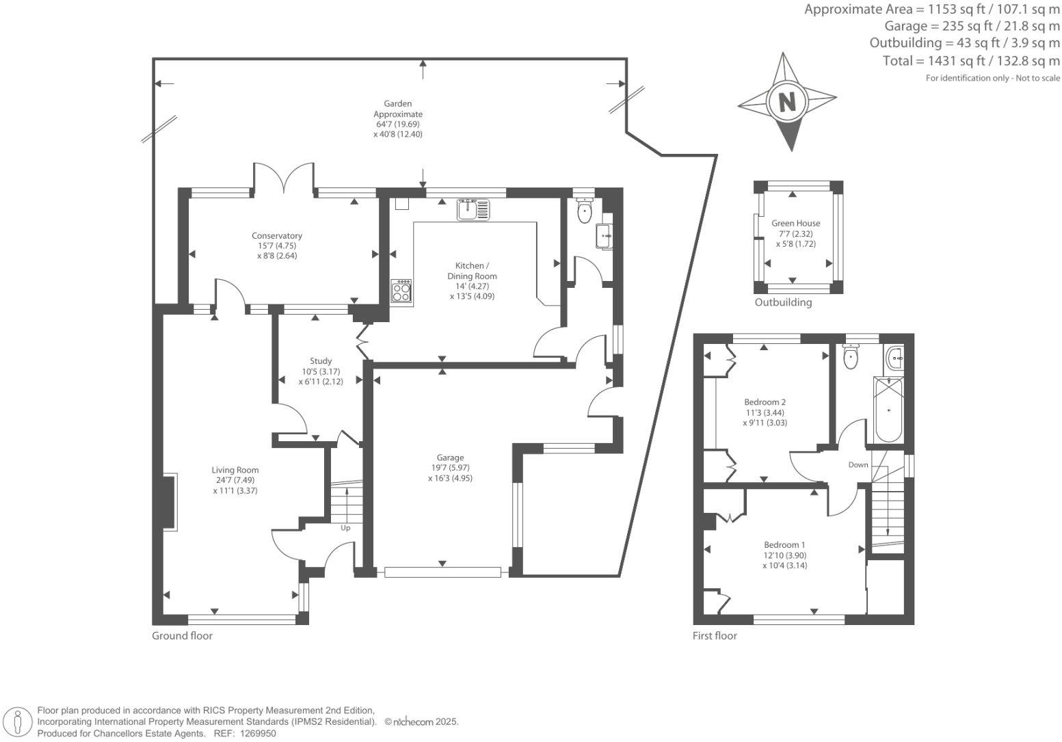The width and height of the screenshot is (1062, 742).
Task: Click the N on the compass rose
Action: [787, 102]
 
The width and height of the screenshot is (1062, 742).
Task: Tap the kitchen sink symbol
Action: [473, 209]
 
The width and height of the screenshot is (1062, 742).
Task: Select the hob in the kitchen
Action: [401, 291]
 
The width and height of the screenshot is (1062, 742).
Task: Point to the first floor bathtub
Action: [888, 409]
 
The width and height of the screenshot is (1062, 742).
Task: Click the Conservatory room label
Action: [277, 236]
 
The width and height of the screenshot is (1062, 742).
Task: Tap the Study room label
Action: [321, 361]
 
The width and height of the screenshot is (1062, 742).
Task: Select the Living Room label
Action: [235, 470]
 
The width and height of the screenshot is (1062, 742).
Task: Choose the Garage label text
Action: [451, 458]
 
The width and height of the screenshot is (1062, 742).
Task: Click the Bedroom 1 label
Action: [784, 545]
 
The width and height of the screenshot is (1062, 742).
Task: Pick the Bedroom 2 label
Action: [765, 402]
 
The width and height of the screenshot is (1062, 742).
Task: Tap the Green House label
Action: [795, 223]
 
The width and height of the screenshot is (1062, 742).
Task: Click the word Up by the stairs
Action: [345, 528]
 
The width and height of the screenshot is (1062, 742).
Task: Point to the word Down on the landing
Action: [858, 464]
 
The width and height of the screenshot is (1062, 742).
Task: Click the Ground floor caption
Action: [182, 636]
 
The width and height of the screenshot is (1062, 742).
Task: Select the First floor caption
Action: [715, 636]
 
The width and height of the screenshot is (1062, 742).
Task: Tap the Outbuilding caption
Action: [783, 302]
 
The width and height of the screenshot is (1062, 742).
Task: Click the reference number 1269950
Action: [257, 734]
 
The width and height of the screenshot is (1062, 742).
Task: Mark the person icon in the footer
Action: [18, 723]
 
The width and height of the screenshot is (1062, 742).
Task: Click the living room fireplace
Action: [170, 502]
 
